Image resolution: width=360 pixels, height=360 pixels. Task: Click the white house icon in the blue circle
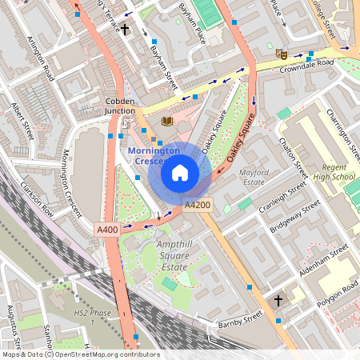[x=180, y=172]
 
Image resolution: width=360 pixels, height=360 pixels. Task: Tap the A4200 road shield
[x=198, y=206]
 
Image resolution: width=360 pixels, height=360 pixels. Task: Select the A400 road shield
[x=107, y=229]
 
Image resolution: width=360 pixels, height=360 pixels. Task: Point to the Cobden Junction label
[x=126, y=106]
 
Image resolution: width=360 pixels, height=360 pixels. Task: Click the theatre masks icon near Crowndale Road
[x=281, y=54]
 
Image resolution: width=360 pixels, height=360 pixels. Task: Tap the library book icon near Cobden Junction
[x=166, y=122]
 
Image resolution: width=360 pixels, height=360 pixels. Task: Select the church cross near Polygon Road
[x=278, y=301]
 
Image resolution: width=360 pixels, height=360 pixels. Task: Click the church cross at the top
[x=125, y=30]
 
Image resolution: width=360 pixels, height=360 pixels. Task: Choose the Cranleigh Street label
[x=282, y=195]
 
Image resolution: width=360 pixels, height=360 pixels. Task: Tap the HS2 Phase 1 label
[x=82, y=316]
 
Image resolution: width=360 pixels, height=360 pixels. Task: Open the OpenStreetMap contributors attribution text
[x=104, y=354]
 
